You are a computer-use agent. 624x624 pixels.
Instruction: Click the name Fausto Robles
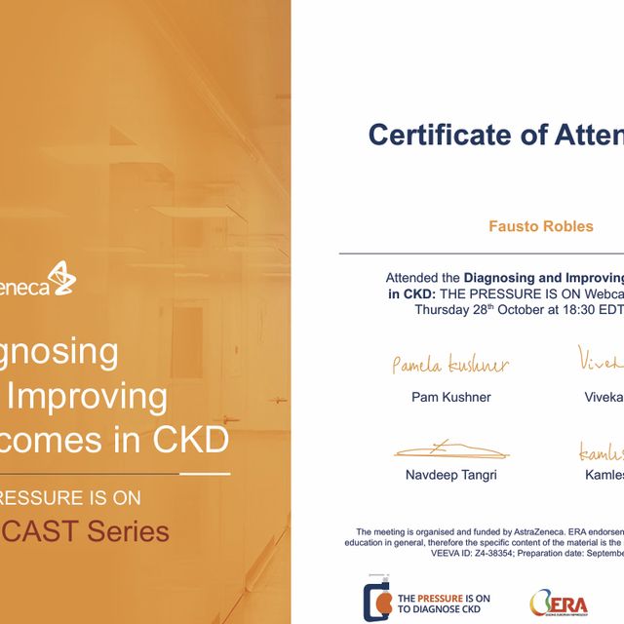point(540,226)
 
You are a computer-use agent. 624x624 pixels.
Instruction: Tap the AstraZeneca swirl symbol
point(60,279)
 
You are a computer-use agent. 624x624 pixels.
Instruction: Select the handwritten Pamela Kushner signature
point(449,366)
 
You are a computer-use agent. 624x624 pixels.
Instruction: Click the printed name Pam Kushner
point(450,398)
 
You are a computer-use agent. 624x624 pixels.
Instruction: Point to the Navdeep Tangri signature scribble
point(450,449)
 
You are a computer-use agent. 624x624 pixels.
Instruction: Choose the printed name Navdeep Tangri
point(450,475)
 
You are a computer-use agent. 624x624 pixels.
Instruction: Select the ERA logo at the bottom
point(559,602)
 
